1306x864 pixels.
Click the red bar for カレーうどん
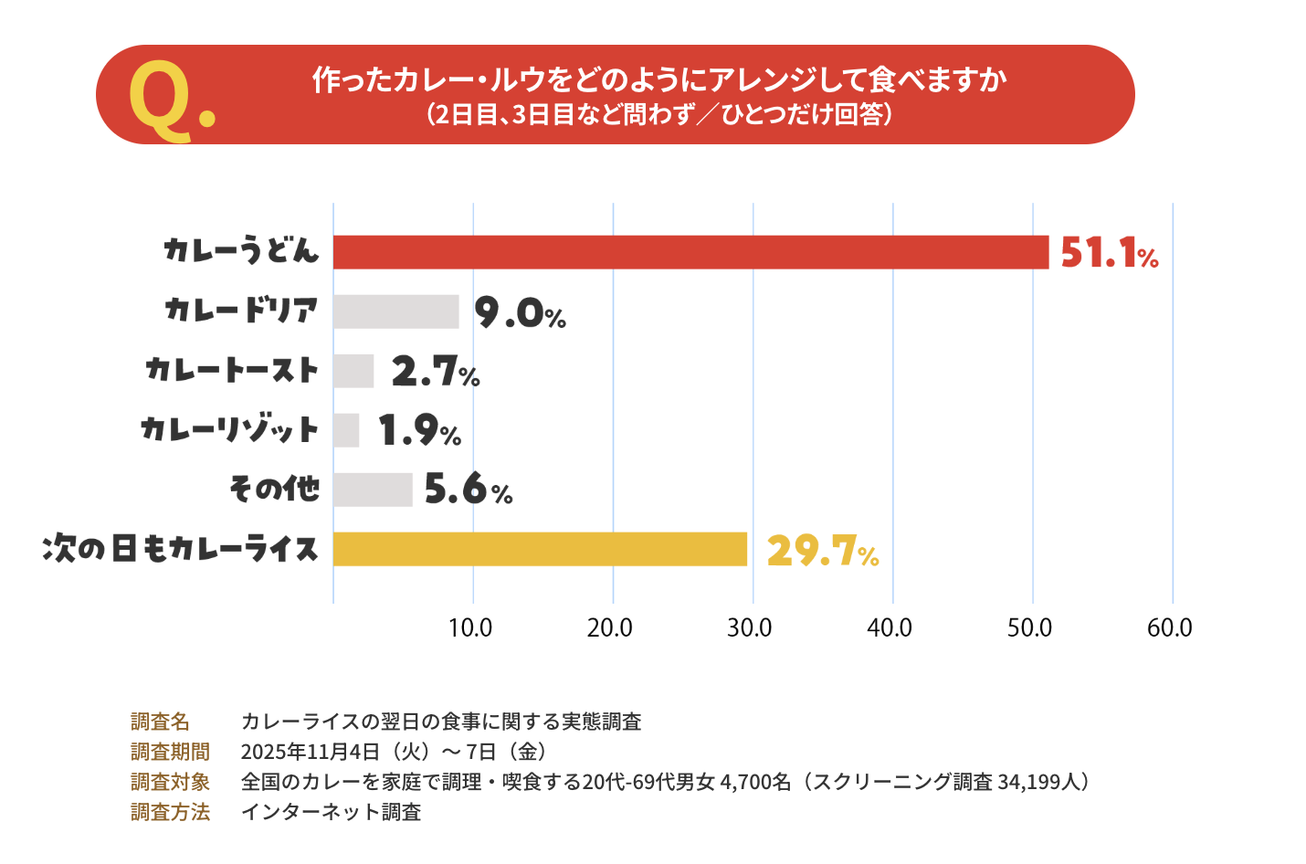coord(690,252)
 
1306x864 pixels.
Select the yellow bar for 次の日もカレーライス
coord(540,549)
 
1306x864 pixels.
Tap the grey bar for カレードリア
coord(395,311)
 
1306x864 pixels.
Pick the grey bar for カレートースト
coord(353,371)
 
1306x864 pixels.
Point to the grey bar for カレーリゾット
coord(346,430)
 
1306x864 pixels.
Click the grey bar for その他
coord(373,490)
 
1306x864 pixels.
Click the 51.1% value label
coord(1109,253)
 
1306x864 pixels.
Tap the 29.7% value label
coord(822,551)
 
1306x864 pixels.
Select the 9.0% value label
coord(520,313)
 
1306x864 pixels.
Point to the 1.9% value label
coord(419,431)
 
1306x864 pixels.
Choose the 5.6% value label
coord(468,490)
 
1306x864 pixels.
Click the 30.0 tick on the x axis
coord(750,628)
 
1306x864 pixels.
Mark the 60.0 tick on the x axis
coord(1170,628)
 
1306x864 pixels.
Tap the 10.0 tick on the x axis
coord(470,628)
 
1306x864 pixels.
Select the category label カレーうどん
coord(241,250)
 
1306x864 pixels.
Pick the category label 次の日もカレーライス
coord(181,549)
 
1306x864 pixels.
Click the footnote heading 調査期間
coord(170,752)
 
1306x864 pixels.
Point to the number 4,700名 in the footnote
coord(755,782)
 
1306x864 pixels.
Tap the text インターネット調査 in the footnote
coord(331,812)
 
